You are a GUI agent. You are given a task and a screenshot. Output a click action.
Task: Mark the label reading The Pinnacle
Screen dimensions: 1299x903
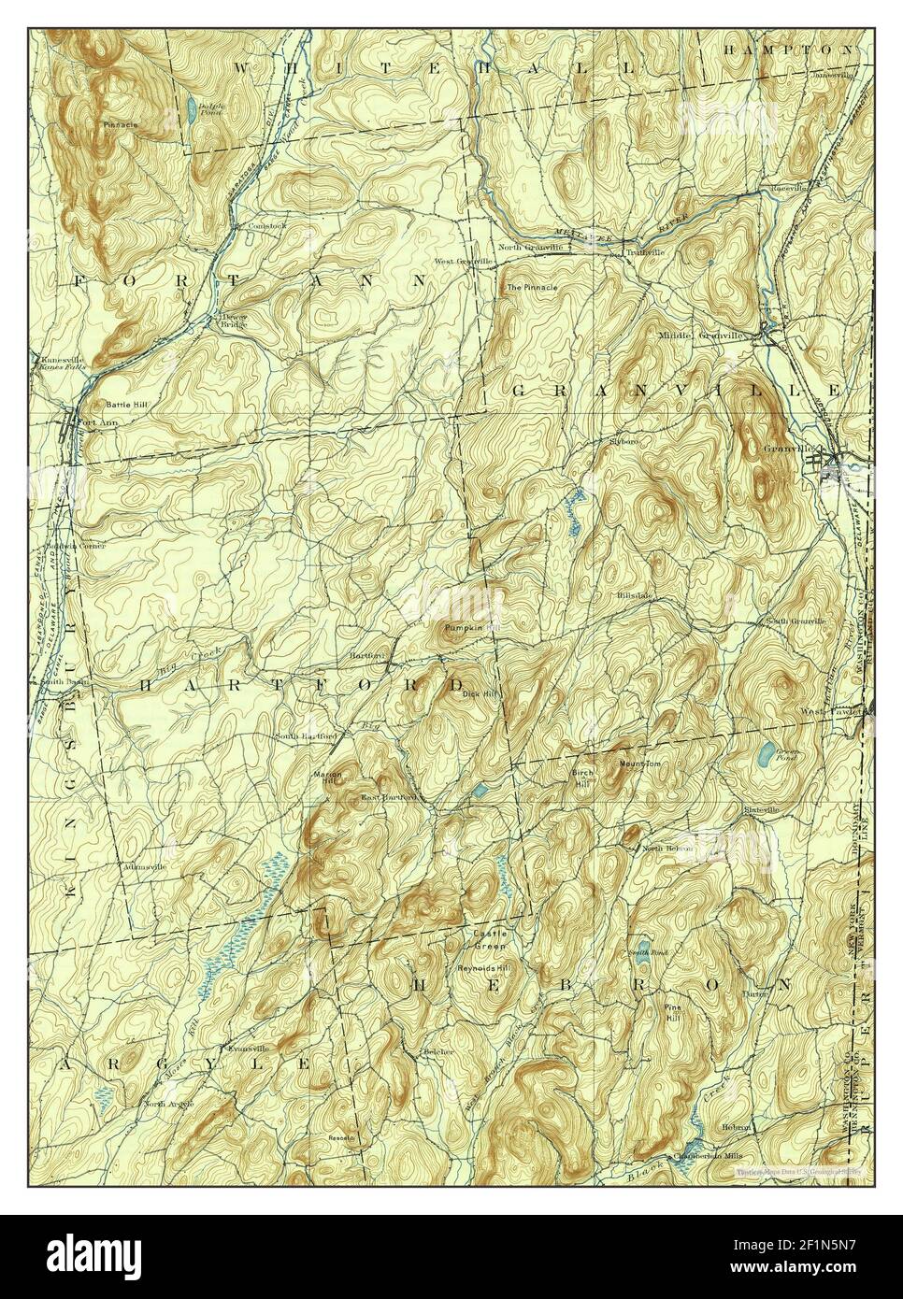[531, 287]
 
